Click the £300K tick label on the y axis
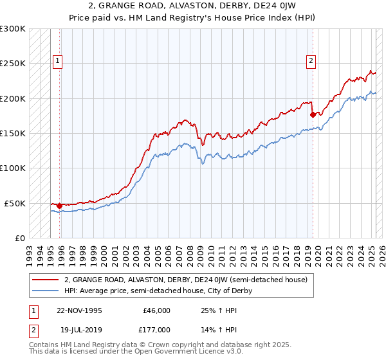(12, 29)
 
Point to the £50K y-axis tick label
(15, 203)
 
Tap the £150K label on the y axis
(12, 133)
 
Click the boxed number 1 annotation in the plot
(58, 61)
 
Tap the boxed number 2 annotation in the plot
(311, 61)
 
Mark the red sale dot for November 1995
(60, 206)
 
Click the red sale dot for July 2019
(313, 115)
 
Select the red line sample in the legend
(45, 280)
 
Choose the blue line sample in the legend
(45, 291)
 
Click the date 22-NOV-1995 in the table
(79, 310)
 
